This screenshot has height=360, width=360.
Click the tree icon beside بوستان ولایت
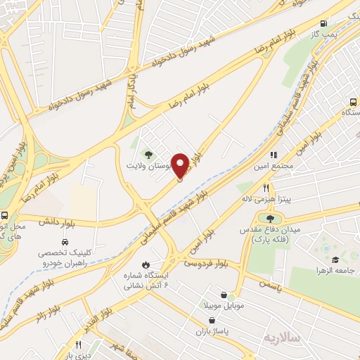point(148,155)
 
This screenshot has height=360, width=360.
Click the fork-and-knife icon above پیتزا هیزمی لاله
point(266,188)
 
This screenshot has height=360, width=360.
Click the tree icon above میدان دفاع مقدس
point(271,219)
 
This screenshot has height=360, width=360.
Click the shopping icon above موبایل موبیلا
point(224,295)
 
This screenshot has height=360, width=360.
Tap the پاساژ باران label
point(215,328)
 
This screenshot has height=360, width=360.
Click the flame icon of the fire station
point(146,264)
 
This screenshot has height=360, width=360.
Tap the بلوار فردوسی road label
point(207,264)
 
